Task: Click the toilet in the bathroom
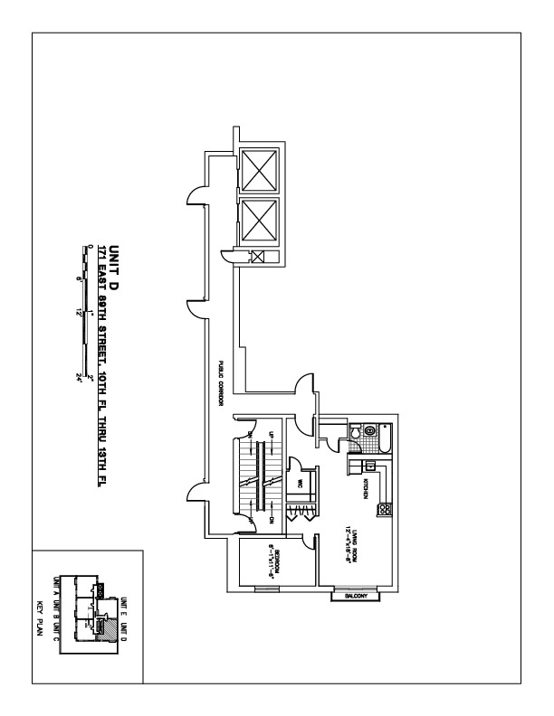[359, 435]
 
